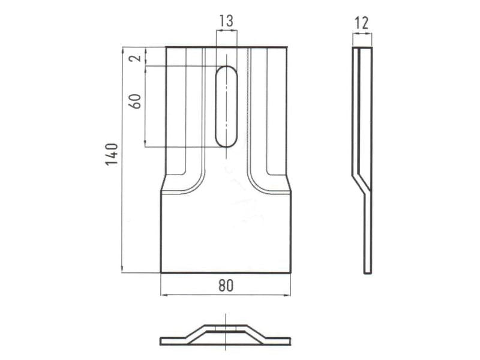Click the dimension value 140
(112, 154)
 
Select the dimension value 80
(226, 286)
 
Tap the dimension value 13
(226, 22)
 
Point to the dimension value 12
(362, 23)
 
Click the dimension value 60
(136, 100)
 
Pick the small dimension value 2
(136, 58)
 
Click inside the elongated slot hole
(226, 107)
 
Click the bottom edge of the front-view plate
(226, 272)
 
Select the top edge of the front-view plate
(226, 47)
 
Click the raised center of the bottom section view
(226, 329)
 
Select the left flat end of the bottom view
(171, 341)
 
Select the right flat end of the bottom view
(279, 341)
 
